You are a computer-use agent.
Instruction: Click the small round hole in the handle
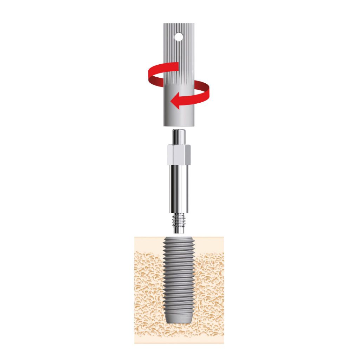[179, 36]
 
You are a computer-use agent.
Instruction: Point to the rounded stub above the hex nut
[179, 136]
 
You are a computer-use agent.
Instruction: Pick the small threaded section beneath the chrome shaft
[179, 221]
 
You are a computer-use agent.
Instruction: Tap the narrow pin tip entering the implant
[179, 231]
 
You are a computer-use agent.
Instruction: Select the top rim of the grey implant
[179, 239]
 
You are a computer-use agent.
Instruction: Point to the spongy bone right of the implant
[210, 288]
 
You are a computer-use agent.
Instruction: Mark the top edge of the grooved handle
[179, 24]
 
